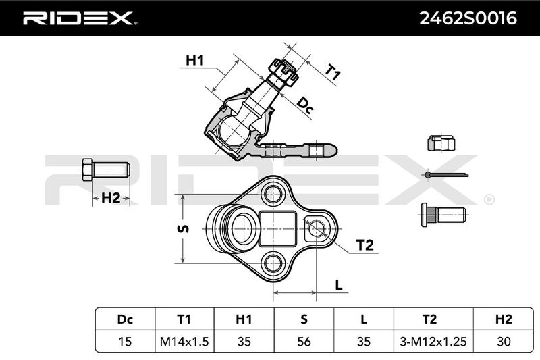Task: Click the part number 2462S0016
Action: coord(468,18)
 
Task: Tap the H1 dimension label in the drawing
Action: coord(195,60)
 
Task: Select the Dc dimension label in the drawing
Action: coord(305,105)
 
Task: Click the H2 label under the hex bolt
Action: coord(111,198)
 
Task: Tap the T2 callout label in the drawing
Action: coord(364,245)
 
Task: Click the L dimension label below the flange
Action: coord(339,285)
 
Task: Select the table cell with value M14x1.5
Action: coord(184,341)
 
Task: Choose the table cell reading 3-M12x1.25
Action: coord(433,341)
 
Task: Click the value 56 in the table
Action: coord(304,341)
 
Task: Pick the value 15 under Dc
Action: coord(125,341)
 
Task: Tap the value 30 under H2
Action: coord(504,341)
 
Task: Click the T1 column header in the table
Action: coord(184,319)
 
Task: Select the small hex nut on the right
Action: coord(441,143)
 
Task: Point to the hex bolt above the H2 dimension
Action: coord(106,170)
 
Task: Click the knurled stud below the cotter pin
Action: coord(443,215)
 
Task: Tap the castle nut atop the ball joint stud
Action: coord(283,73)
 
